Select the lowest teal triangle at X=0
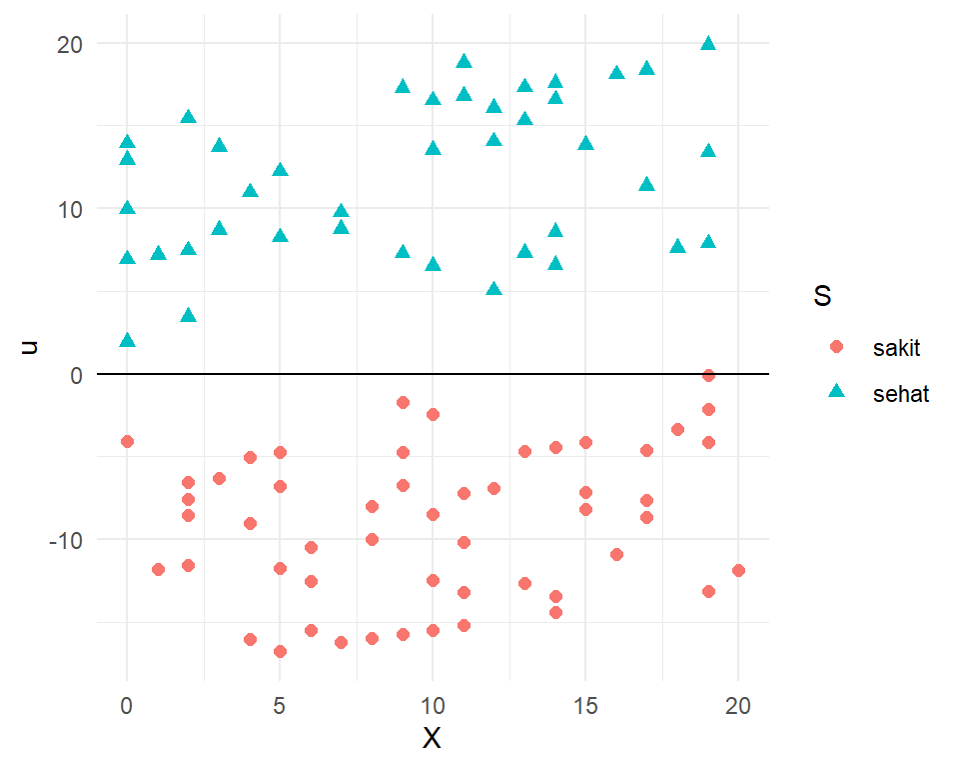127,341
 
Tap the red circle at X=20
738,570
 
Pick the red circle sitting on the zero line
708,375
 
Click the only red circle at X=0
127,441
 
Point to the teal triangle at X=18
677,247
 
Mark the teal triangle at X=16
616,73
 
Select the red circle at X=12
493,488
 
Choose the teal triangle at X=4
250,191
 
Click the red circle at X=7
341,642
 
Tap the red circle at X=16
616,554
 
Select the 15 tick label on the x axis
585,705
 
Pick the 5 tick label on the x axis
280,705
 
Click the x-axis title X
432,739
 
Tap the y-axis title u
31,347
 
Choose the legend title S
823,297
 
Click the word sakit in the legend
896,348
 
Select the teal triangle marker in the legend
837,394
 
